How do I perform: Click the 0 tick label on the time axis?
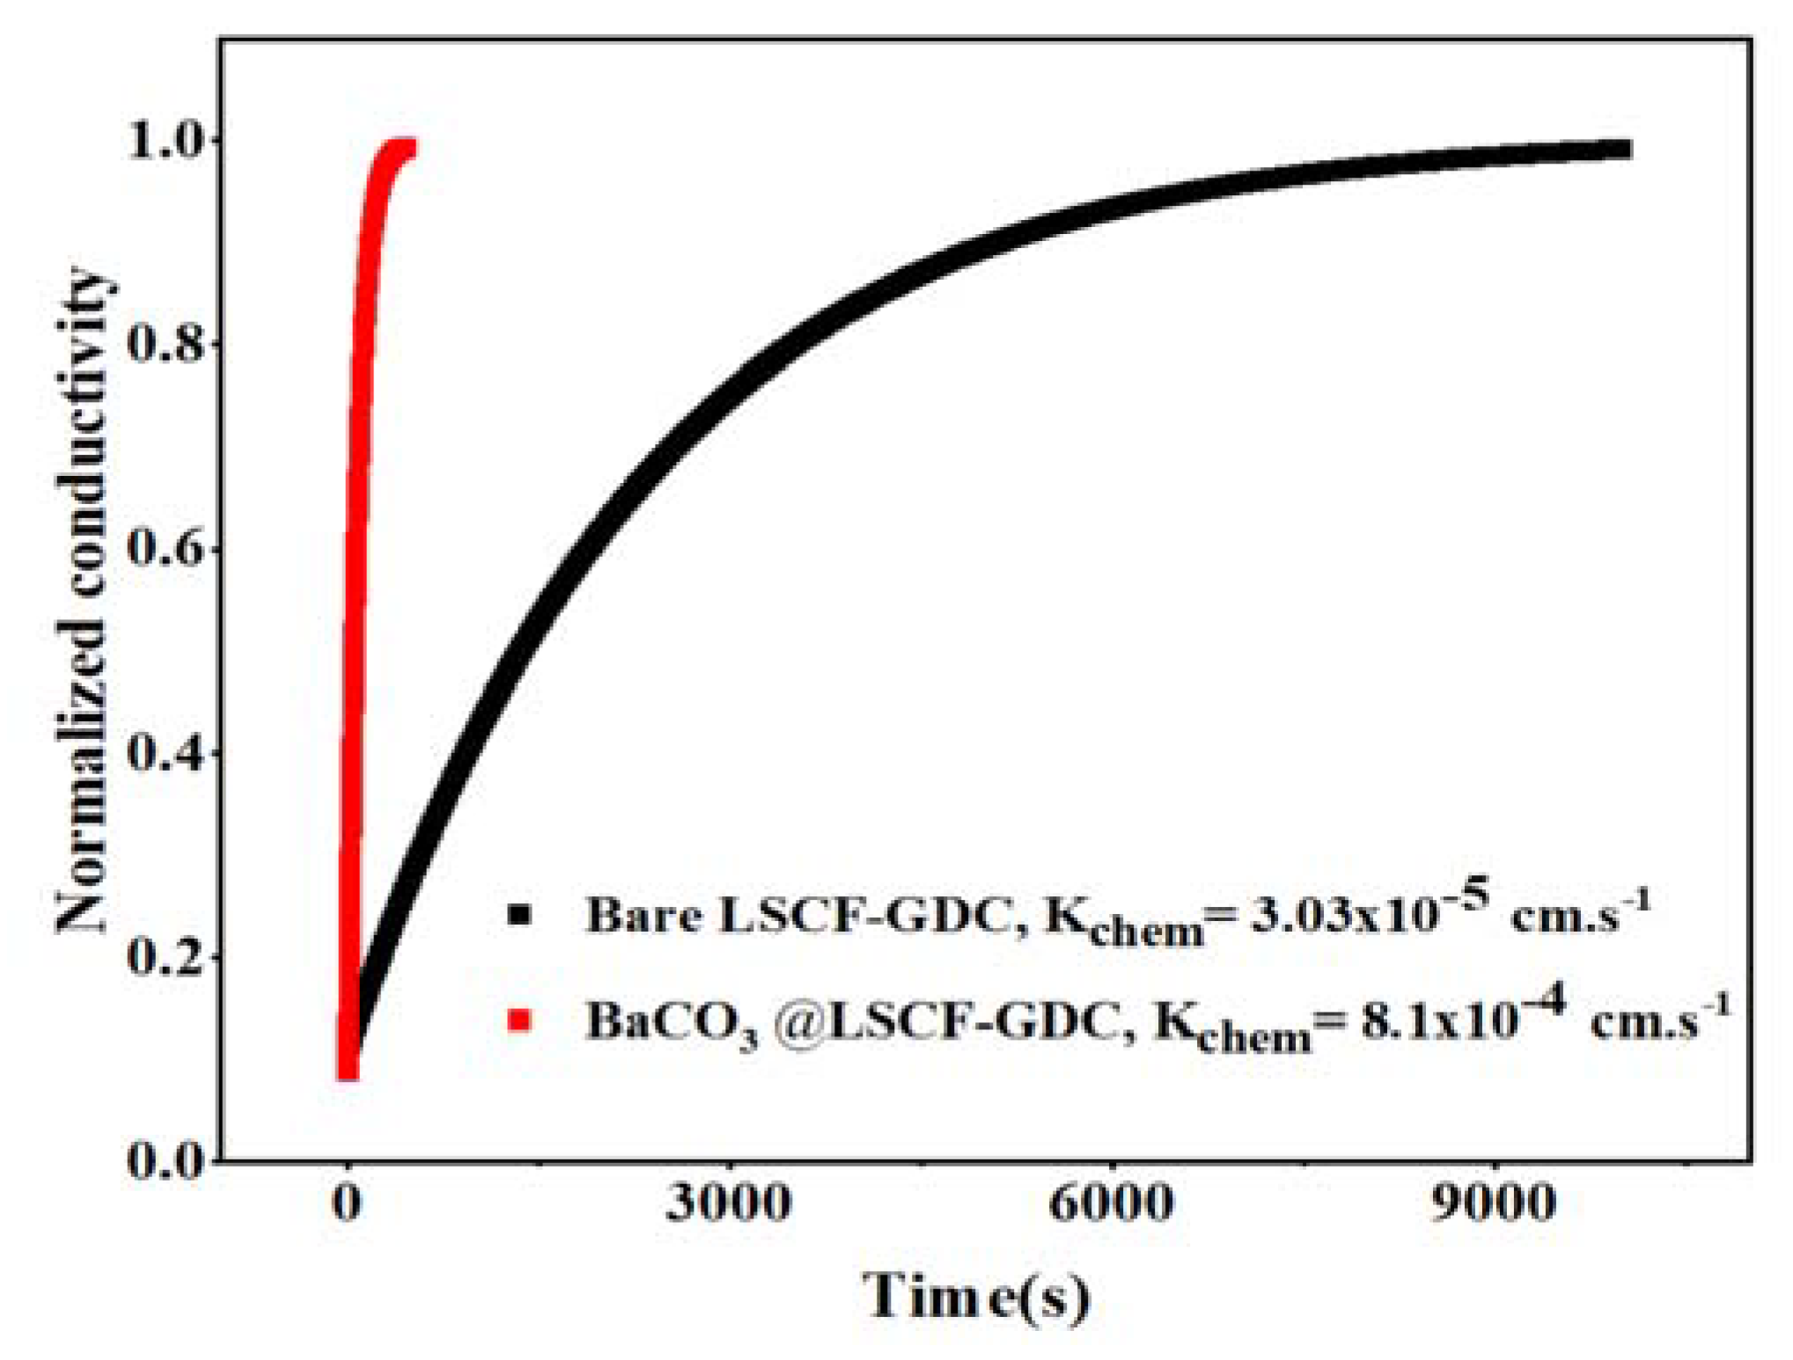pos(348,1203)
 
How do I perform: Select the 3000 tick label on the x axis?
pos(728,1203)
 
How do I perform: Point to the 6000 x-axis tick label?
pos(1111,1203)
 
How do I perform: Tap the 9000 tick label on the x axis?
pos(1493,1203)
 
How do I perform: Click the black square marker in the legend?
pos(520,915)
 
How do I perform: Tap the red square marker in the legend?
pos(520,1020)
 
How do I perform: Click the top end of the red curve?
pos(407,148)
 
